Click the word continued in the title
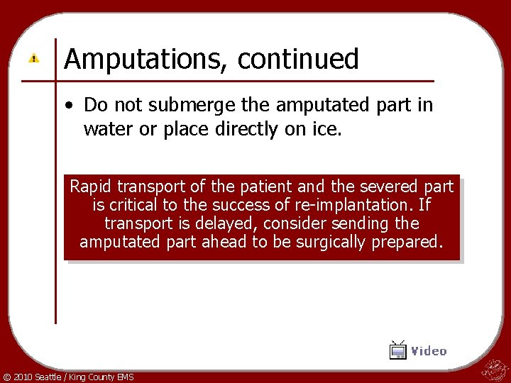pos(298,60)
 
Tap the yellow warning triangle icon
pos(33,58)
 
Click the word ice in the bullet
pos(329,129)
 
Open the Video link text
pos(429,351)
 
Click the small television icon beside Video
pos(398,350)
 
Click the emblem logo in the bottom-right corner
pos(493,369)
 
